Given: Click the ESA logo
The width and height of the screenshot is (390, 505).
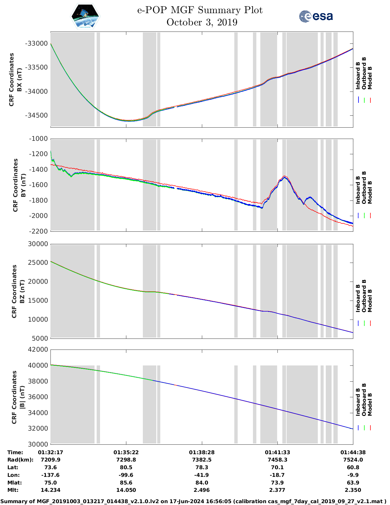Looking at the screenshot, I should click(316, 16).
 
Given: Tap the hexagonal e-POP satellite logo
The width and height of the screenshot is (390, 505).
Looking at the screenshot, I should click(85, 16).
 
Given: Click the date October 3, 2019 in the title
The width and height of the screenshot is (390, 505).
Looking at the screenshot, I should click(202, 22).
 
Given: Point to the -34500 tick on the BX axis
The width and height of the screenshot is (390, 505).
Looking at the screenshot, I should click(36, 115).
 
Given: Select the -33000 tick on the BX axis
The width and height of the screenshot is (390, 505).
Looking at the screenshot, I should click(36, 43).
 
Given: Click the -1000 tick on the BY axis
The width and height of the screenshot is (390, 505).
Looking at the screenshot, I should click(38, 139).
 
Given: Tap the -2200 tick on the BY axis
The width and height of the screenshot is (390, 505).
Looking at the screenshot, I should click(38, 231).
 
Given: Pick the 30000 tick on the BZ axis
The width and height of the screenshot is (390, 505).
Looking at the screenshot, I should click(38, 244).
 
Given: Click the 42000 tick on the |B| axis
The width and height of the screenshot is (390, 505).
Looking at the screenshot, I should click(38, 350).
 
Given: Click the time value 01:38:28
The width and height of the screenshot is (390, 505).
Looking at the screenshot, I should click(202, 452).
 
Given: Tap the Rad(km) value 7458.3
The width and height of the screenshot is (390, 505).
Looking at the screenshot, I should click(277, 460).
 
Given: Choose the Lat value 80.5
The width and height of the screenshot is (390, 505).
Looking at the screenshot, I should click(126, 467).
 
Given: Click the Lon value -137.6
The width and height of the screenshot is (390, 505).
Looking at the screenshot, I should click(50, 475).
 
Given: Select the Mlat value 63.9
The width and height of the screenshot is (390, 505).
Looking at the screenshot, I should click(353, 483).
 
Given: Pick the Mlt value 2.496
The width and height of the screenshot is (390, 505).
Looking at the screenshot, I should click(202, 490).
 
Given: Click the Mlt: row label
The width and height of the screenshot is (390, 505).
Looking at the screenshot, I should click(13, 490).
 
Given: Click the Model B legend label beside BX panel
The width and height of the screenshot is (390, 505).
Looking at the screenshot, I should click(370, 78).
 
